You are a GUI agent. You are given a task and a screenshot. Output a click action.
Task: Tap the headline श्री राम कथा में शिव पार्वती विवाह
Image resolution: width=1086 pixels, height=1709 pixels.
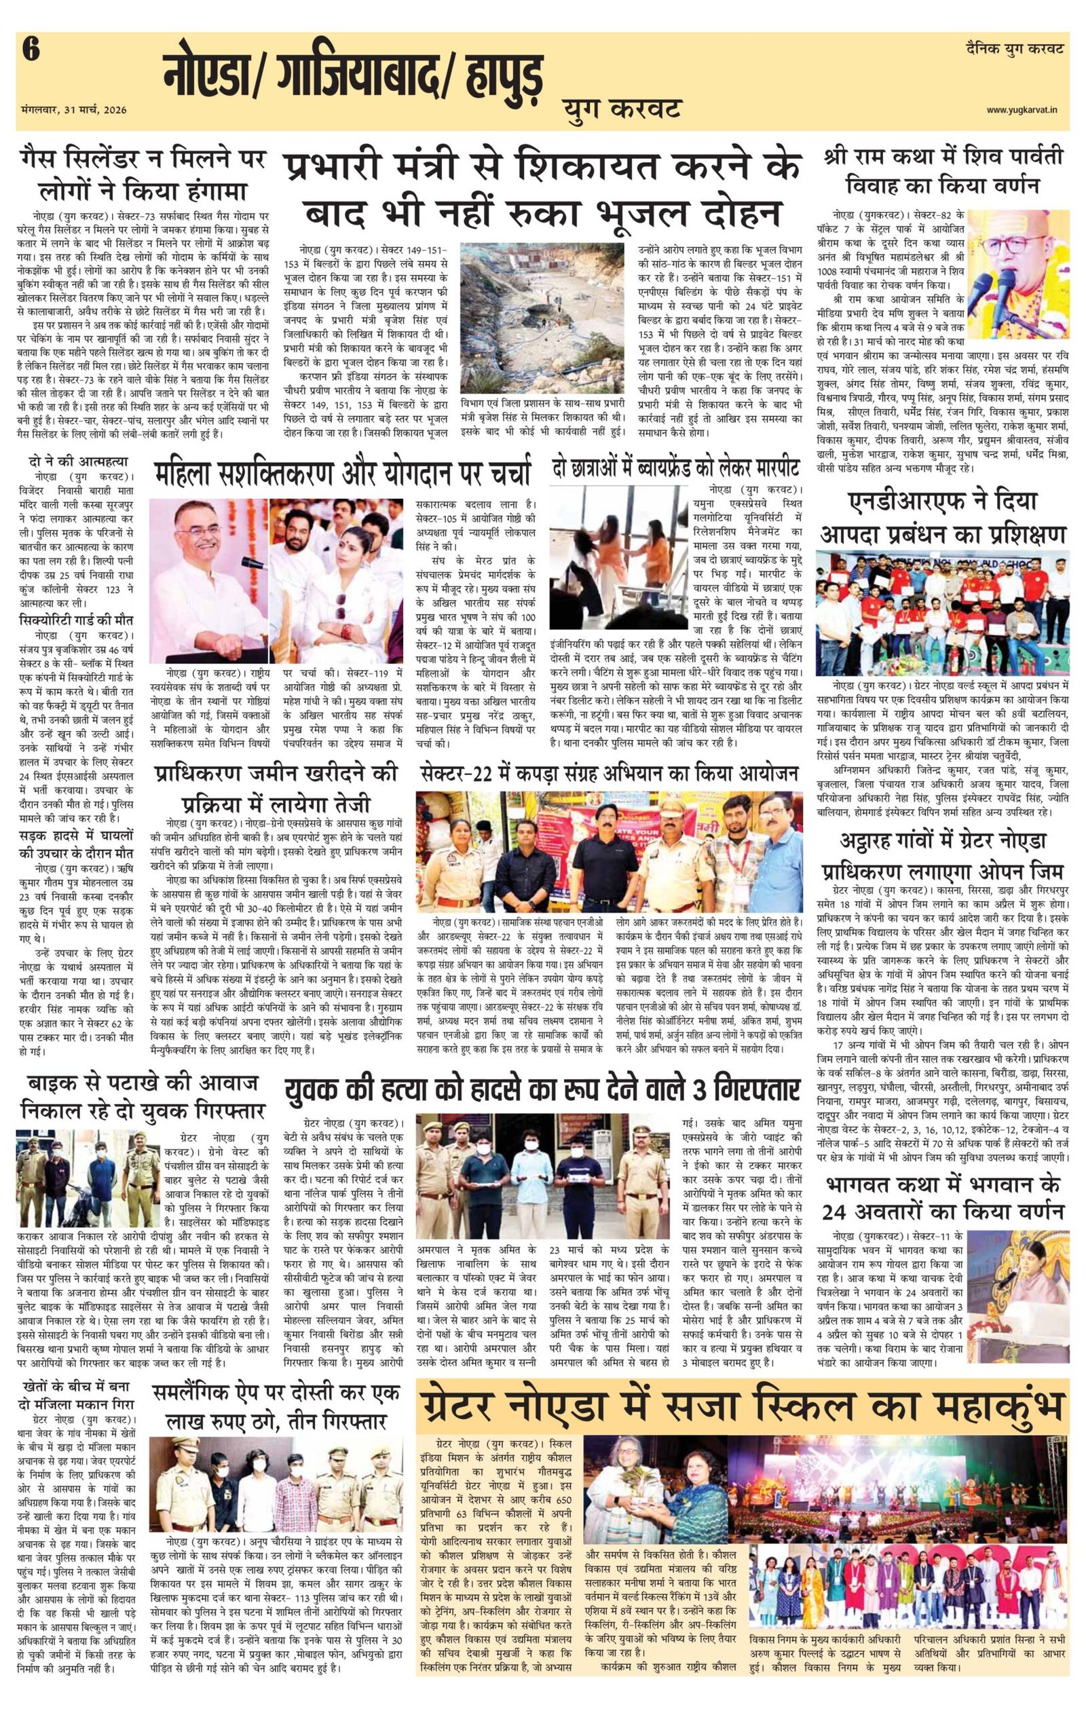(x=943, y=171)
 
